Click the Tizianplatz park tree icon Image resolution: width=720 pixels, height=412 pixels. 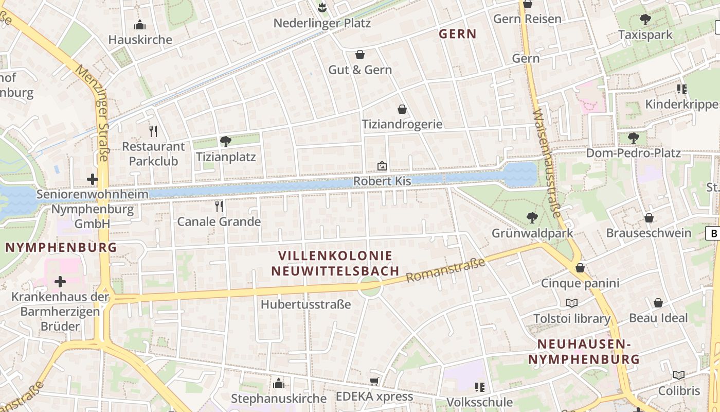point(225,141)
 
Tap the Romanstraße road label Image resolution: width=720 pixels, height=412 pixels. point(445,270)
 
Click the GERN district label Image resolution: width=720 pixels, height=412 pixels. point(457,34)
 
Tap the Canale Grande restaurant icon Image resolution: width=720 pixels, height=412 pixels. point(219,207)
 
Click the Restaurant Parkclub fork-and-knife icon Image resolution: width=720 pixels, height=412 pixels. point(153,131)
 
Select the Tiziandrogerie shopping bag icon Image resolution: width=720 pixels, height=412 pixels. point(402,109)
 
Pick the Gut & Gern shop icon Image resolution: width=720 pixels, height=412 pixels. point(360,55)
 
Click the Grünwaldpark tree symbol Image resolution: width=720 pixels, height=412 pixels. point(532,218)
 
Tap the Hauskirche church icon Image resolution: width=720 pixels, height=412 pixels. point(140,25)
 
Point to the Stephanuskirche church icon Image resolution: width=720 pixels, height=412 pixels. point(279,383)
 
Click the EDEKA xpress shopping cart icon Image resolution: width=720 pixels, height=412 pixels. point(374,381)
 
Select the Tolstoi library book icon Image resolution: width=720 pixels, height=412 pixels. point(571,303)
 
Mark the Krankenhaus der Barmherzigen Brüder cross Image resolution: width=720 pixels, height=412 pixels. point(60,282)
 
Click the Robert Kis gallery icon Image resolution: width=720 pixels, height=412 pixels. point(382,166)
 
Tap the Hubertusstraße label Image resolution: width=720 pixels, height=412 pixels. point(305,304)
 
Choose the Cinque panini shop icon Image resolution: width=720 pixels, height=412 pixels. point(580,268)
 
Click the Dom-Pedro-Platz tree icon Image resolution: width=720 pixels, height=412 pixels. point(634,138)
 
